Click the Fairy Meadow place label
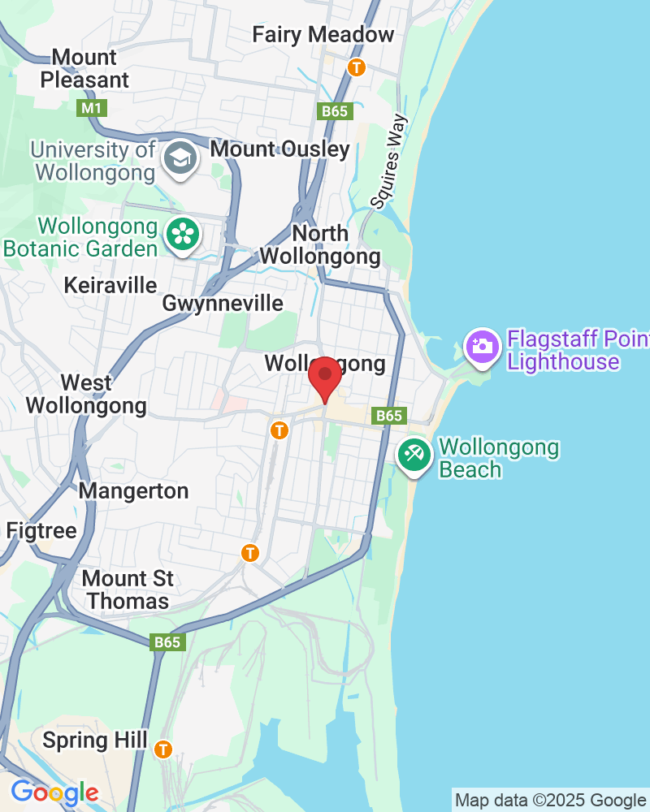(323, 35)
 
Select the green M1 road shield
(90, 107)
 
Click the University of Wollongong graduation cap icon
(179, 157)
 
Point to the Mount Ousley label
(279, 149)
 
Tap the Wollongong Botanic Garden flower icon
(182, 235)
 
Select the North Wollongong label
(319, 245)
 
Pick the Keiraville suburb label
(110, 285)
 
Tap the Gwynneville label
(223, 304)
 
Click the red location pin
(326, 376)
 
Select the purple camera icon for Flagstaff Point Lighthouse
(482, 347)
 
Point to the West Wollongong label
(86, 394)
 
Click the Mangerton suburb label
(133, 491)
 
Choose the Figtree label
(41, 531)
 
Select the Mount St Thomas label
(128, 590)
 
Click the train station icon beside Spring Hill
(164, 748)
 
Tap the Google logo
(54, 793)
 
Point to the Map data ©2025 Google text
(550, 801)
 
